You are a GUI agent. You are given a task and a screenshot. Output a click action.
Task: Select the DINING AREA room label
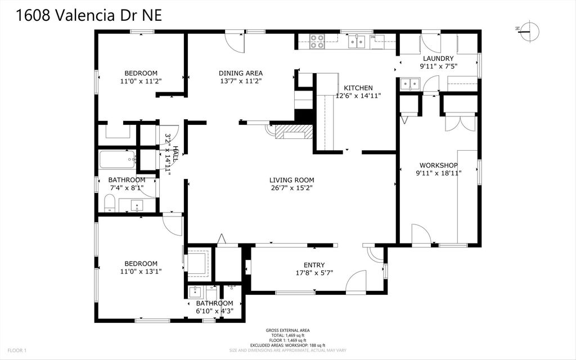click(x=241, y=73)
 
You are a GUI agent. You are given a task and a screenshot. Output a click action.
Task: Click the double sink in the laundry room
click(x=410, y=84)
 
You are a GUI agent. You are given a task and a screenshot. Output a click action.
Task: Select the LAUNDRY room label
click(x=438, y=58)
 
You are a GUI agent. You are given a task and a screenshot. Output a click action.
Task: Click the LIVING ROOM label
click(x=291, y=180)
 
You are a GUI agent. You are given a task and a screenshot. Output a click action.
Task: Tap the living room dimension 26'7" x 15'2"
click(x=291, y=188)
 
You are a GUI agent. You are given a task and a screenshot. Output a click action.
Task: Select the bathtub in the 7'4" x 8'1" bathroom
click(x=117, y=160)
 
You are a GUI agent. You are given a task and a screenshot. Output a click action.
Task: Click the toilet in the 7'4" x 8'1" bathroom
click(x=110, y=203)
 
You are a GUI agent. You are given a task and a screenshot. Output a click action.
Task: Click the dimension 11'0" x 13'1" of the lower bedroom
click(x=141, y=272)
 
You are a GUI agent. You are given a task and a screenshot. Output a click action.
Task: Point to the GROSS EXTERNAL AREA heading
click(x=287, y=331)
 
